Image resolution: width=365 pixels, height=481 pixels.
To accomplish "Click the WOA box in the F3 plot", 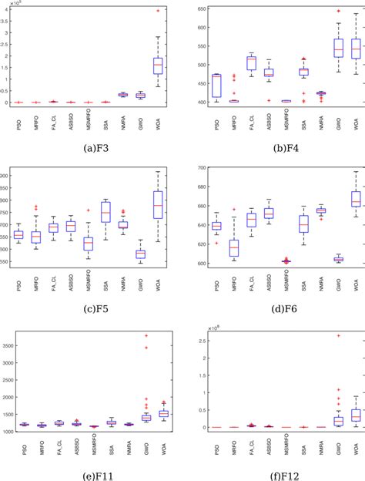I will pyautogui.click(x=159, y=66).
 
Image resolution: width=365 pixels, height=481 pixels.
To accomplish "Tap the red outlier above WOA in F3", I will pyautogui.click(x=159, y=11).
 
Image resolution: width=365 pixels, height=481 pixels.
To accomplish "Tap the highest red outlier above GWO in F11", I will pyautogui.click(x=141, y=335).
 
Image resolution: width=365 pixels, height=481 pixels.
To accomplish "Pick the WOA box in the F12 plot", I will pyautogui.click(x=356, y=415).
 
